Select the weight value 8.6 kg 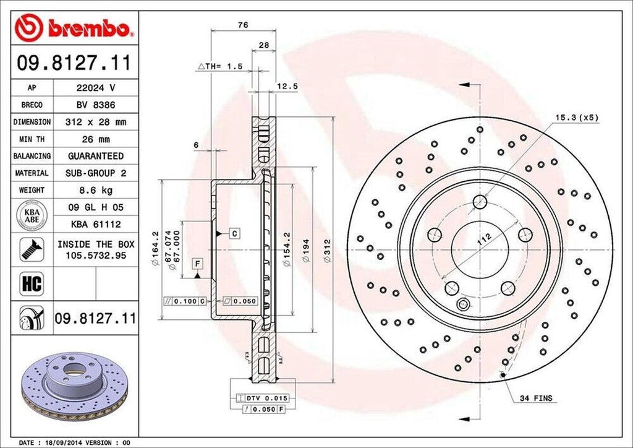[x=95, y=190]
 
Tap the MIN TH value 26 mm [x=95, y=139]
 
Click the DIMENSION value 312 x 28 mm [x=95, y=123]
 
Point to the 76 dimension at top [x=243, y=25]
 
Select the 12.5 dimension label [x=287, y=87]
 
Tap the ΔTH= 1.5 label [x=220, y=66]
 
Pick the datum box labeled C [x=235, y=233]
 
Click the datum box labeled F [x=198, y=264]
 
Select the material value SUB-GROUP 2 [x=95, y=173]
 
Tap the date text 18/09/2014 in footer [x=63, y=443]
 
